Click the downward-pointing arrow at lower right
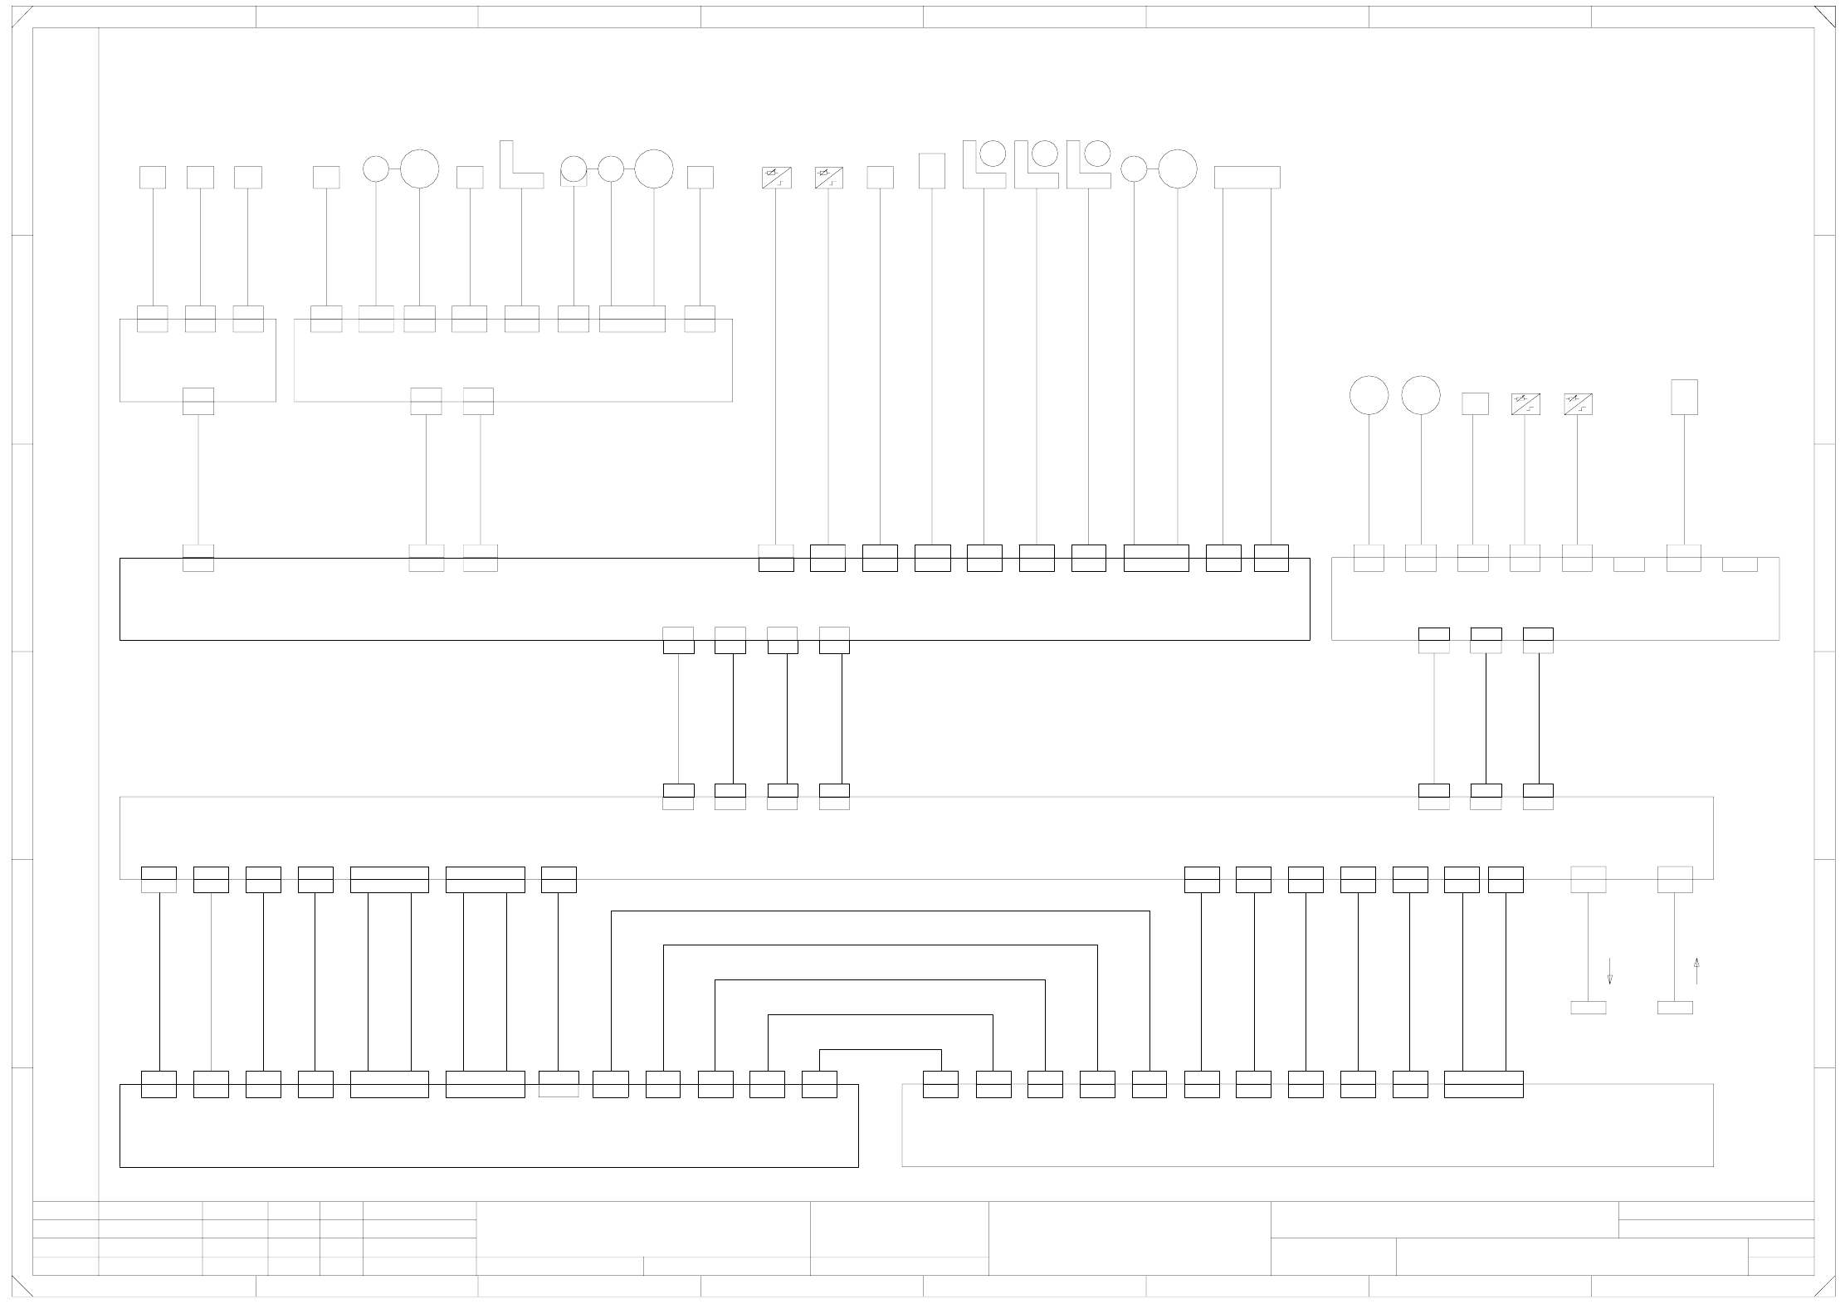click(1609, 971)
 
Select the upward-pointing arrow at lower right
click(1696, 971)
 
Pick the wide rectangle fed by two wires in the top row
click(1247, 177)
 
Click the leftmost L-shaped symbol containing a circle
click(984, 164)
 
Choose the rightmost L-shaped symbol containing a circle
click(1088, 164)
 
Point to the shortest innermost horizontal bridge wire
click(881, 1050)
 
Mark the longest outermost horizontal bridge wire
click(881, 911)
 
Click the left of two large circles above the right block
click(1369, 395)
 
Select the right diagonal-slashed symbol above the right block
click(1578, 404)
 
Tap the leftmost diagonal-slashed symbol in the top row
click(776, 178)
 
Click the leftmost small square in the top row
click(153, 177)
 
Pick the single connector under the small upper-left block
click(198, 401)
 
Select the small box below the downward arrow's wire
click(1588, 1008)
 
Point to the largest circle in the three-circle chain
click(654, 168)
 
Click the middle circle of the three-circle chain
click(611, 168)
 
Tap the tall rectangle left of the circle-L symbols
click(932, 171)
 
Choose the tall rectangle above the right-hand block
click(1684, 397)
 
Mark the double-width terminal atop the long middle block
click(1156, 558)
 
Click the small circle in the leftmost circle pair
click(376, 168)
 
